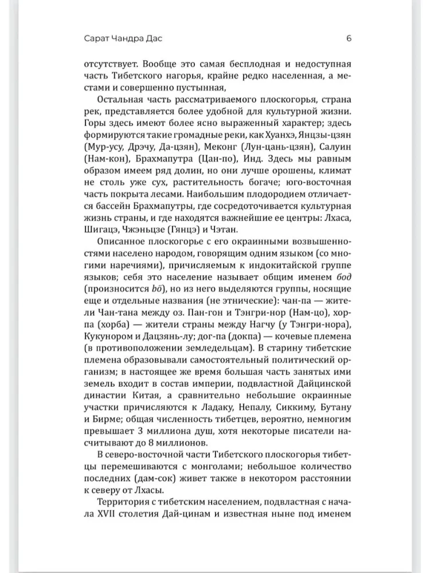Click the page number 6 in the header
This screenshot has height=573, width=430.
(x=349, y=39)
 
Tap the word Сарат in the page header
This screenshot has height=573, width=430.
(x=96, y=39)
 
